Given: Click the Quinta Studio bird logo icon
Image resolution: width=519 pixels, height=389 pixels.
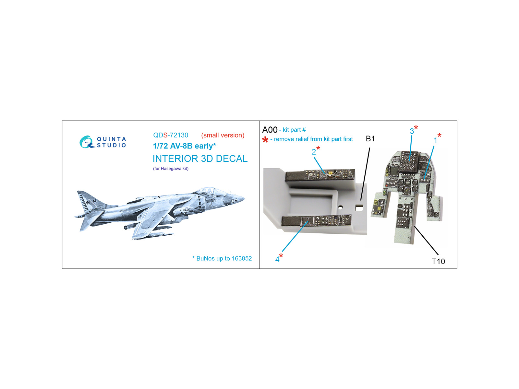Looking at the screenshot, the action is pyautogui.click(x=86, y=142).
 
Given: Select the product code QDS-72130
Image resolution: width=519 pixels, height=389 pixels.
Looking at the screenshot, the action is pyautogui.click(x=171, y=135).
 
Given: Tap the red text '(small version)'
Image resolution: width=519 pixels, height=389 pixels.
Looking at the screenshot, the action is pyautogui.click(x=223, y=135).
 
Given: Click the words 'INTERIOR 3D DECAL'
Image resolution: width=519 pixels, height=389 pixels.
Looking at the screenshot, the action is pyautogui.click(x=200, y=159).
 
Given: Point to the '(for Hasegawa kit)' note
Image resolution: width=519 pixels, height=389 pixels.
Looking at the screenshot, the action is pyautogui.click(x=171, y=169).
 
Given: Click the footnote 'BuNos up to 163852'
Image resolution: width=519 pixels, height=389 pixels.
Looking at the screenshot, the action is pyautogui.click(x=224, y=258).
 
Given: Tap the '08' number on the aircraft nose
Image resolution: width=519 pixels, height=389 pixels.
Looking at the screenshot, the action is pyautogui.click(x=234, y=201).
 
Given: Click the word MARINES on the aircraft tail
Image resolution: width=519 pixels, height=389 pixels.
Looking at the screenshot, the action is pyautogui.click(x=97, y=209).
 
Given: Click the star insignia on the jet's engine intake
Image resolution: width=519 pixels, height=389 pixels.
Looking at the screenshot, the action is pyautogui.click(x=187, y=209).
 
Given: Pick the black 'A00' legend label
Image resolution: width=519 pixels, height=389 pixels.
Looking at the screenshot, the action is pyautogui.click(x=270, y=130).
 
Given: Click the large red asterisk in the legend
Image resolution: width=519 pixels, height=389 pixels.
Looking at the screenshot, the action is pyautogui.click(x=265, y=140).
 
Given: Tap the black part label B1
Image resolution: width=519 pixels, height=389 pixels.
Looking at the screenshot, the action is pyautogui.click(x=370, y=139).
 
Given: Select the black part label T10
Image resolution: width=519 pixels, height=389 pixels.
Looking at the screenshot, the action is pyautogui.click(x=438, y=262).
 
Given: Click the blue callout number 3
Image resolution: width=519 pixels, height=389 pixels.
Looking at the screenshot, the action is pyautogui.click(x=412, y=131).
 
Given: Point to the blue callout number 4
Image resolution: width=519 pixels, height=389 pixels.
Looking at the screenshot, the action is pyautogui.click(x=277, y=260).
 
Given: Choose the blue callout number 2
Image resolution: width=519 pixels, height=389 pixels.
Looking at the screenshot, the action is pyautogui.click(x=314, y=152).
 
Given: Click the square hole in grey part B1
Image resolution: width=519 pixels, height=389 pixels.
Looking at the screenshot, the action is pyautogui.click(x=359, y=207).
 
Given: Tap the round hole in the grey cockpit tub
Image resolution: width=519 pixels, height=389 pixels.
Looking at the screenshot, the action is pyautogui.click(x=340, y=207).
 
